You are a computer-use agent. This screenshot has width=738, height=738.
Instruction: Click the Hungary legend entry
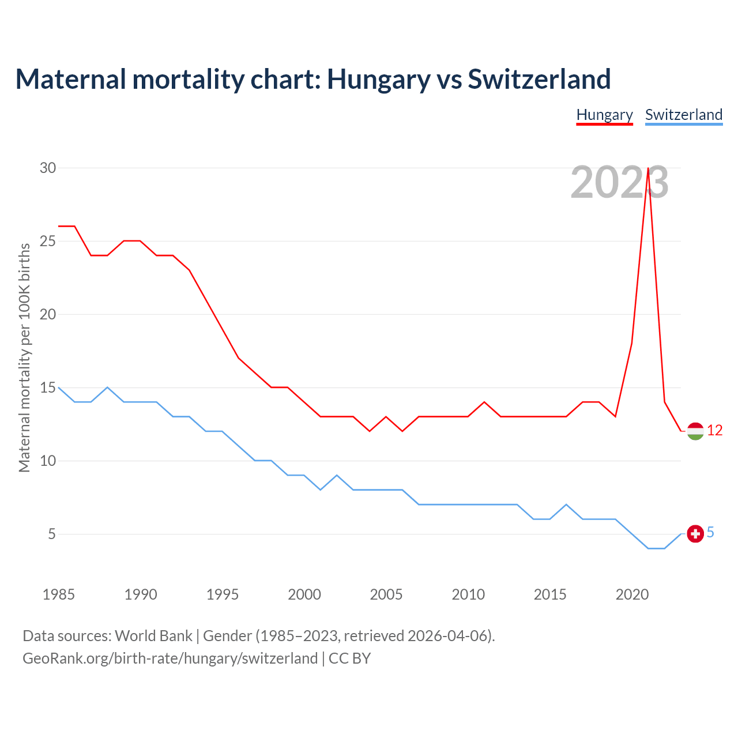[x=604, y=115]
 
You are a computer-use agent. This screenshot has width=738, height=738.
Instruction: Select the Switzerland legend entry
[x=683, y=115]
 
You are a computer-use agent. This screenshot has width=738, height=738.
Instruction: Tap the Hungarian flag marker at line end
[x=695, y=431]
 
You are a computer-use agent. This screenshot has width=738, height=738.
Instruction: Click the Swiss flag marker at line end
[x=695, y=534]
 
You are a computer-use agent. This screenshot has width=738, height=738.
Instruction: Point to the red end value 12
[x=714, y=431]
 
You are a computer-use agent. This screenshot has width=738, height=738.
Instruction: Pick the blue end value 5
[x=710, y=533]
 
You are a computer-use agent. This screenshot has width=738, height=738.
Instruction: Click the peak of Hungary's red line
[x=649, y=168]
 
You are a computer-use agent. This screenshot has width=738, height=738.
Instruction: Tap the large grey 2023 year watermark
[x=619, y=183]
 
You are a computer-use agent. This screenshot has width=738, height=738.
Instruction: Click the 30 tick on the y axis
[x=48, y=168]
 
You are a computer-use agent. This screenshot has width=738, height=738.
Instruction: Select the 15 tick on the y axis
[x=48, y=387]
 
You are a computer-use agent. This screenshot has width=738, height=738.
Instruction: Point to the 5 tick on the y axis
[x=52, y=534]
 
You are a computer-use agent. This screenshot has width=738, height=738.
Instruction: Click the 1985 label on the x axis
[x=59, y=594]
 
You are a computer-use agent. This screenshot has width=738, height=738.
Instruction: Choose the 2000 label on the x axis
[x=304, y=594]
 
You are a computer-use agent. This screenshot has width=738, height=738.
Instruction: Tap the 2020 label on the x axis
[x=632, y=594]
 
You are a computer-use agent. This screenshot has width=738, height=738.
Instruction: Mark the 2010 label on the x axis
[x=468, y=594]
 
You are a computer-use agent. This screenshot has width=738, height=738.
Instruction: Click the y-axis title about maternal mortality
[x=24, y=357]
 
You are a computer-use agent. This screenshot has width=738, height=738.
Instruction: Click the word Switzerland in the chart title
[x=539, y=79]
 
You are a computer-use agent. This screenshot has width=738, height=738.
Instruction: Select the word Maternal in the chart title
[x=71, y=79]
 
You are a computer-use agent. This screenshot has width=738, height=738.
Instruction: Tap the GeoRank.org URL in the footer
[x=170, y=658]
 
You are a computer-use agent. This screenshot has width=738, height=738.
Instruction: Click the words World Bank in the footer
[x=153, y=636]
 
